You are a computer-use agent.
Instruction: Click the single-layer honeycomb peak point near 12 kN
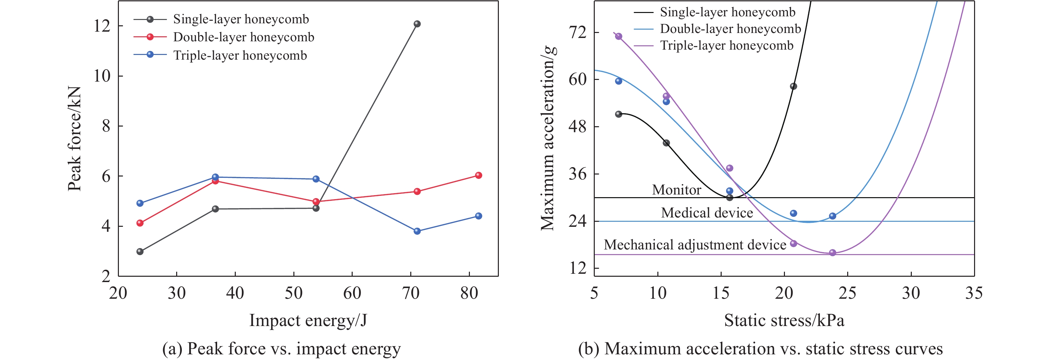tap(417, 24)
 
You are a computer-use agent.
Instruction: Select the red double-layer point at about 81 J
tap(479, 175)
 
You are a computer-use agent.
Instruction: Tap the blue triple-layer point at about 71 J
tap(417, 231)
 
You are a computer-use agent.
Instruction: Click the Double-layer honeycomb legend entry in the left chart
tap(243, 37)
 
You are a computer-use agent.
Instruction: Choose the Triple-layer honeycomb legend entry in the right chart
tap(727, 45)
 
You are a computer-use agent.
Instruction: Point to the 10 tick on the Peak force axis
tap(102, 76)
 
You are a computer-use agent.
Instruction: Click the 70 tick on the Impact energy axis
tap(411, 293)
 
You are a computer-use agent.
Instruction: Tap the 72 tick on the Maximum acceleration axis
tap(578, 32)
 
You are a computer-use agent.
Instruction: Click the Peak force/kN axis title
tap(75, 139)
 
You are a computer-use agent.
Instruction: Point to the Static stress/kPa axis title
tap(784, 320)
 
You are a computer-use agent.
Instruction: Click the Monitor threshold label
tap(676, 190)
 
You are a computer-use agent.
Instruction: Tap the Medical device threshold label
tap(707, 212)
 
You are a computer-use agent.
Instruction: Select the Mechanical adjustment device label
tap(695, 245)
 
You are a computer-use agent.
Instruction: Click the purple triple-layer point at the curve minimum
tap(832, 252)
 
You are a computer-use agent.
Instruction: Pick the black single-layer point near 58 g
tap(793, 86)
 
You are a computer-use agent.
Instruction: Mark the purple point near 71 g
tap(618, 36)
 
